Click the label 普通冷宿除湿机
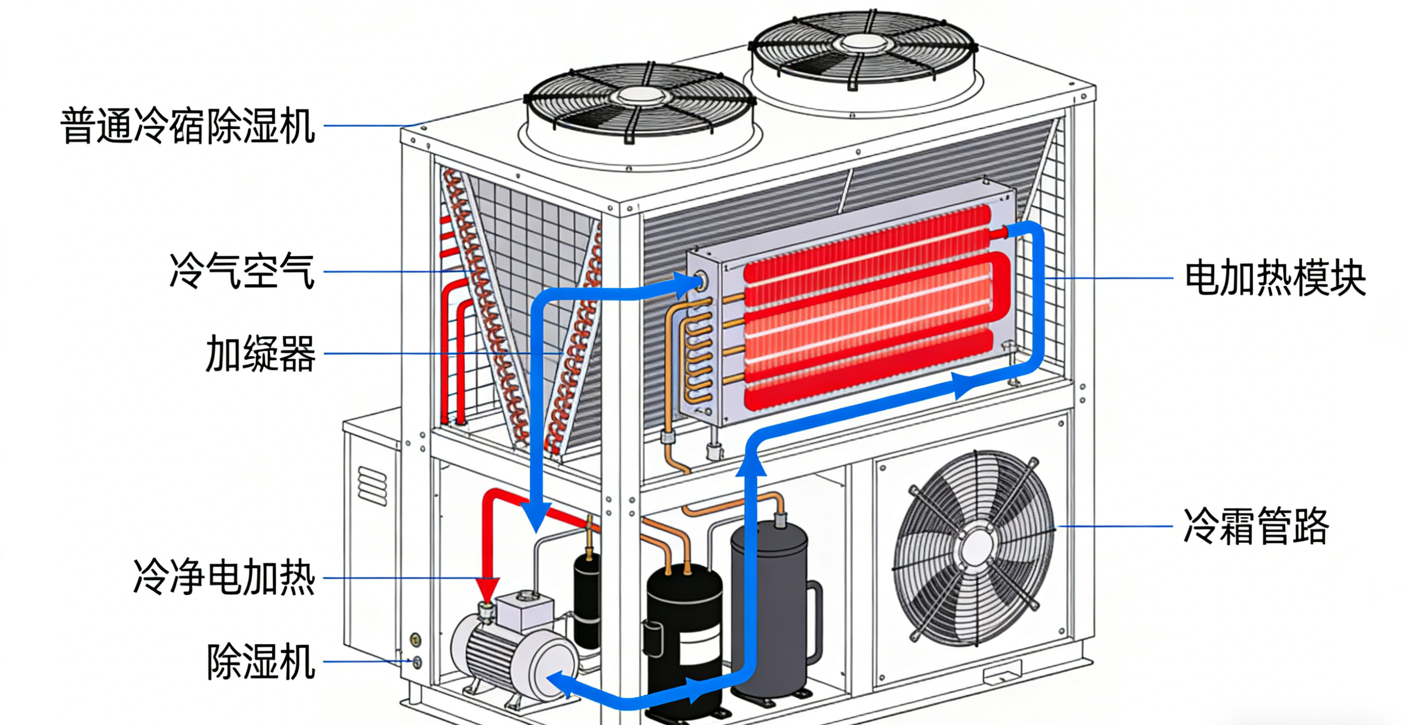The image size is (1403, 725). point(187,126)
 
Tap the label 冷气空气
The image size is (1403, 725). point(242,271)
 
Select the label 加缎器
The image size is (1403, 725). point(261,354)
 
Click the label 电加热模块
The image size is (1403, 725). point(1275,279)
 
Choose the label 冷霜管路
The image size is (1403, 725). point(1256,526)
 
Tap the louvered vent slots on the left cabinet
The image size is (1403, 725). point(372,485)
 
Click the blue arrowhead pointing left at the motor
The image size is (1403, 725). point(558,684)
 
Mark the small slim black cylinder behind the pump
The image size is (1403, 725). point(587,599)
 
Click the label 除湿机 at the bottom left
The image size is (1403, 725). point(261,662)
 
